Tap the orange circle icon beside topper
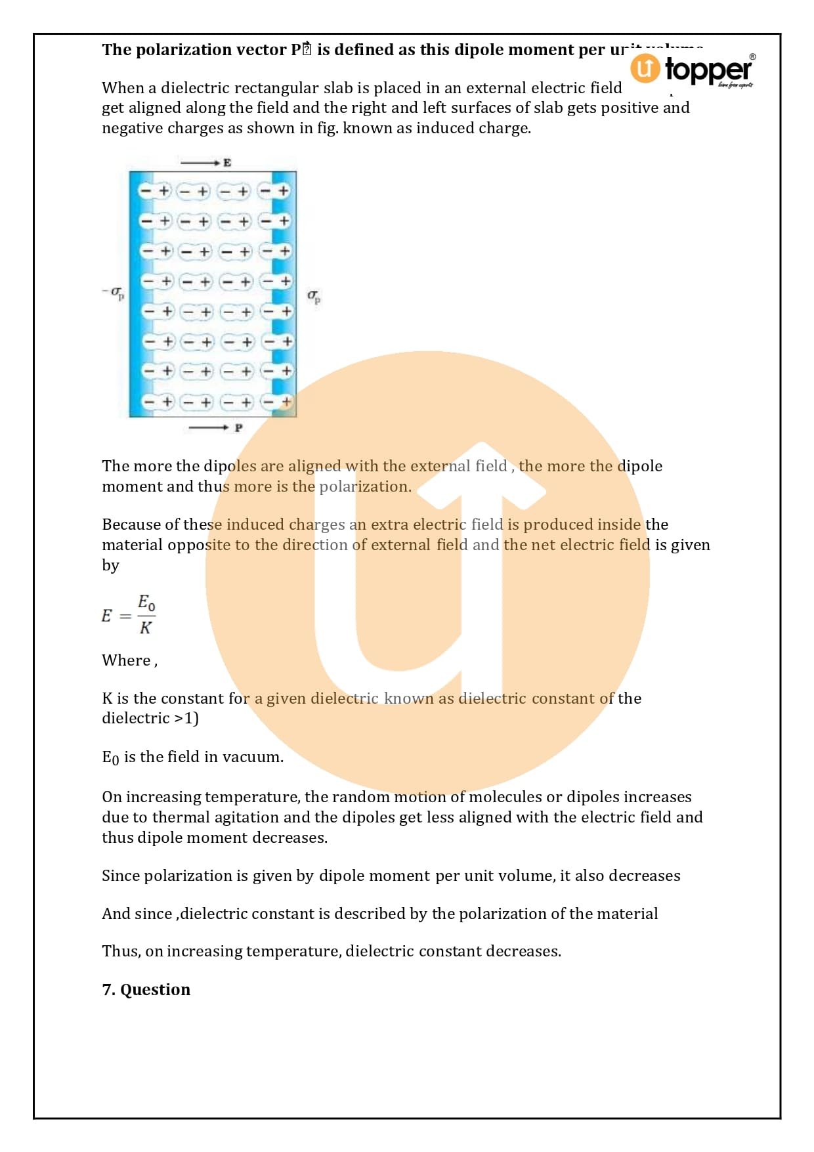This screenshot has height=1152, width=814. click(x=645, y=68)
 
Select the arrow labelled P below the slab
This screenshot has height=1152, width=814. click(x=214, y=427)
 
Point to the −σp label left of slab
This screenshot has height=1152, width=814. click(x=113, y=292)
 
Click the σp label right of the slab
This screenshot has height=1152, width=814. click(x=314, y=296)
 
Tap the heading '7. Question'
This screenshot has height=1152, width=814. click(x=146, y=989)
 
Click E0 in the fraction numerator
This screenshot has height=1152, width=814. click(x=146, y=602)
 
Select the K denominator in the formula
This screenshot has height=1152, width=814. click(x=145, y=628)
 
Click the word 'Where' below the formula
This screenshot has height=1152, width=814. click(x=126, y=660)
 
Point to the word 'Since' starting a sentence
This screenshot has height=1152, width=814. click(x=120, y=876)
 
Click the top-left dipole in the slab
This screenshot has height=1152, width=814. click(x=155, y=191)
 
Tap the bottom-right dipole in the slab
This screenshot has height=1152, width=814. click(x=276, y=401)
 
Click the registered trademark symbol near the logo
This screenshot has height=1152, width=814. click(x=752, y=57)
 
